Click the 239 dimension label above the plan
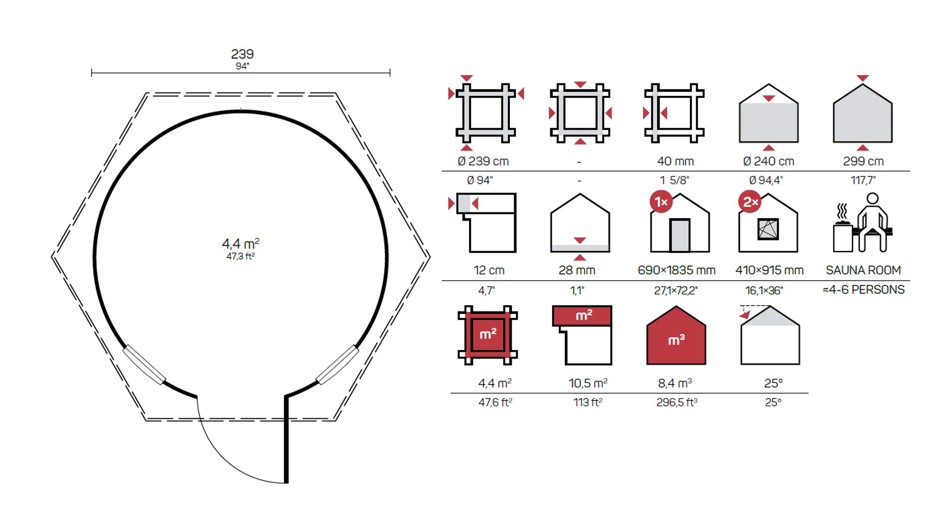(242, 54)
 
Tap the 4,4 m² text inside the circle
(241, 244)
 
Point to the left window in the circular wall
(144, 365)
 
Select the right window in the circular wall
(338, 365)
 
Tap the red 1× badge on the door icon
(661, 202)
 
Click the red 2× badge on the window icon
(750, 202)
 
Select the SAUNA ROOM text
(863, 270)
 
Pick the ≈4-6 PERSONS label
(863, 290)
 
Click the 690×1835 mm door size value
(676, 270)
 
